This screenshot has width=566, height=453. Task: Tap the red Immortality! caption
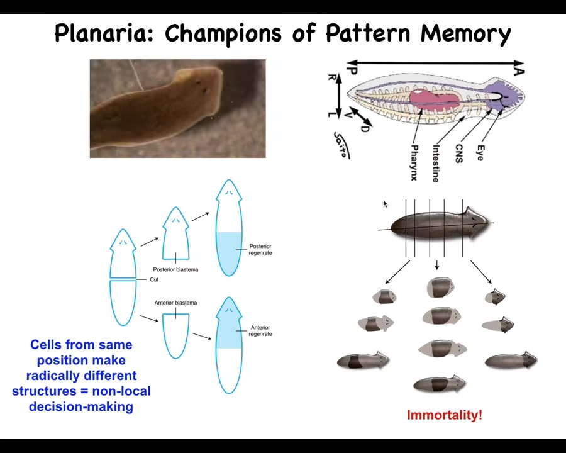[444, 415]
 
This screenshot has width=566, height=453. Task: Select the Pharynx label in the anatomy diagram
[414, 162]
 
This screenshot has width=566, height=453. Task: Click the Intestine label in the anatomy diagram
[435, 163]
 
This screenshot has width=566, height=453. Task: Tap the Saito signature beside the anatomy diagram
[341, 145]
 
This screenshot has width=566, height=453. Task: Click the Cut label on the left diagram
[154, 279]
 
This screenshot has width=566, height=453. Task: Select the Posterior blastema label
[175, 269]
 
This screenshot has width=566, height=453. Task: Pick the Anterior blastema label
[175, 303]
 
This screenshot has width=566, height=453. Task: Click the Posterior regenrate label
[260, 250]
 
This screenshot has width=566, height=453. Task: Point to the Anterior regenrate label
[260, 331]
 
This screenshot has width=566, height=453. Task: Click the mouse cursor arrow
[384, 203]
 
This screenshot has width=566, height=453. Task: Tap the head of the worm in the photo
[201, 85]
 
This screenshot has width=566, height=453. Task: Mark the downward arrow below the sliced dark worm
[436, 266]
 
